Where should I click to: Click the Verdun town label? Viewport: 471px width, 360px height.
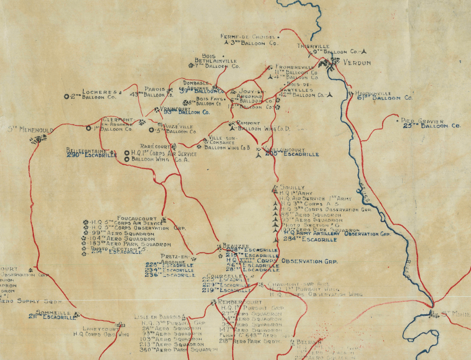coord(357,63)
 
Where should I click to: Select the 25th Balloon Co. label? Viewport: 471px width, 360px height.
coord(432,126)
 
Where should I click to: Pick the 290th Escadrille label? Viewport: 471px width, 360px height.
coord(91,155)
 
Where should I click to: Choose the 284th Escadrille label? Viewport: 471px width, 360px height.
coord(311,240)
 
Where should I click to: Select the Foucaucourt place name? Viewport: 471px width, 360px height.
coord(137,218)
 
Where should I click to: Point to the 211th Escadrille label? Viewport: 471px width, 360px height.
coord(53,317)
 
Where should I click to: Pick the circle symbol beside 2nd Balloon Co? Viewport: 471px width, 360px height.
coord(66,96)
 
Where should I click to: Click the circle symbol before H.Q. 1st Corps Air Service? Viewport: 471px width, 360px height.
coord(127,153)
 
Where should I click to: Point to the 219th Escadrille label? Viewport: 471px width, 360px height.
coord(226,290)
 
